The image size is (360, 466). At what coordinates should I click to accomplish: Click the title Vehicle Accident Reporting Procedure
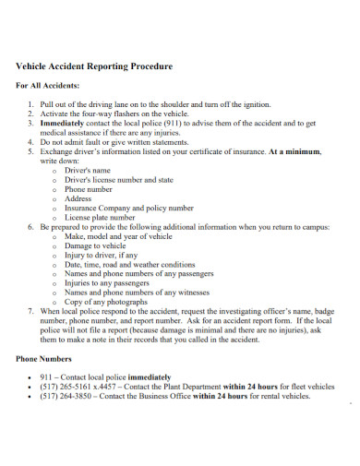[95, 67]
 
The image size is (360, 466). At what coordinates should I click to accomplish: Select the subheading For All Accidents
[48, 86]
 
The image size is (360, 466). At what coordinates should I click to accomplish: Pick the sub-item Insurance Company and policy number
[129, 208]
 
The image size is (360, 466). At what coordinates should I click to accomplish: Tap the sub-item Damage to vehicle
[97, 246]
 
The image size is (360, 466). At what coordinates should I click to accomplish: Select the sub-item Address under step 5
[78, 198]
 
